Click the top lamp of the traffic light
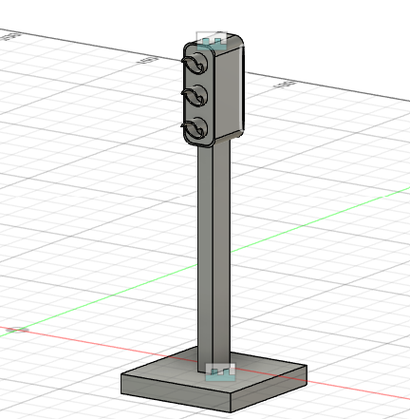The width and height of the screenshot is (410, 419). coord(196,66)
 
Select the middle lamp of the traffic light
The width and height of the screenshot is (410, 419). coord(196,97)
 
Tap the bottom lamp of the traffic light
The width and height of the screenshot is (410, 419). coord(196,129)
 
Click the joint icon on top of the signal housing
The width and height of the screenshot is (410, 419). coord(212,41)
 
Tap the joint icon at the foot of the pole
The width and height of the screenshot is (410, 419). coord(219,371)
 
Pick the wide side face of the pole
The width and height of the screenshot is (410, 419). coord(220,257)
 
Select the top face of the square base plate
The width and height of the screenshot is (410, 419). coord(256,366)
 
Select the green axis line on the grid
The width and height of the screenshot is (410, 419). coord(313,222)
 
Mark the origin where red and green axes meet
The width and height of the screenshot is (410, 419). coord(15,329)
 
